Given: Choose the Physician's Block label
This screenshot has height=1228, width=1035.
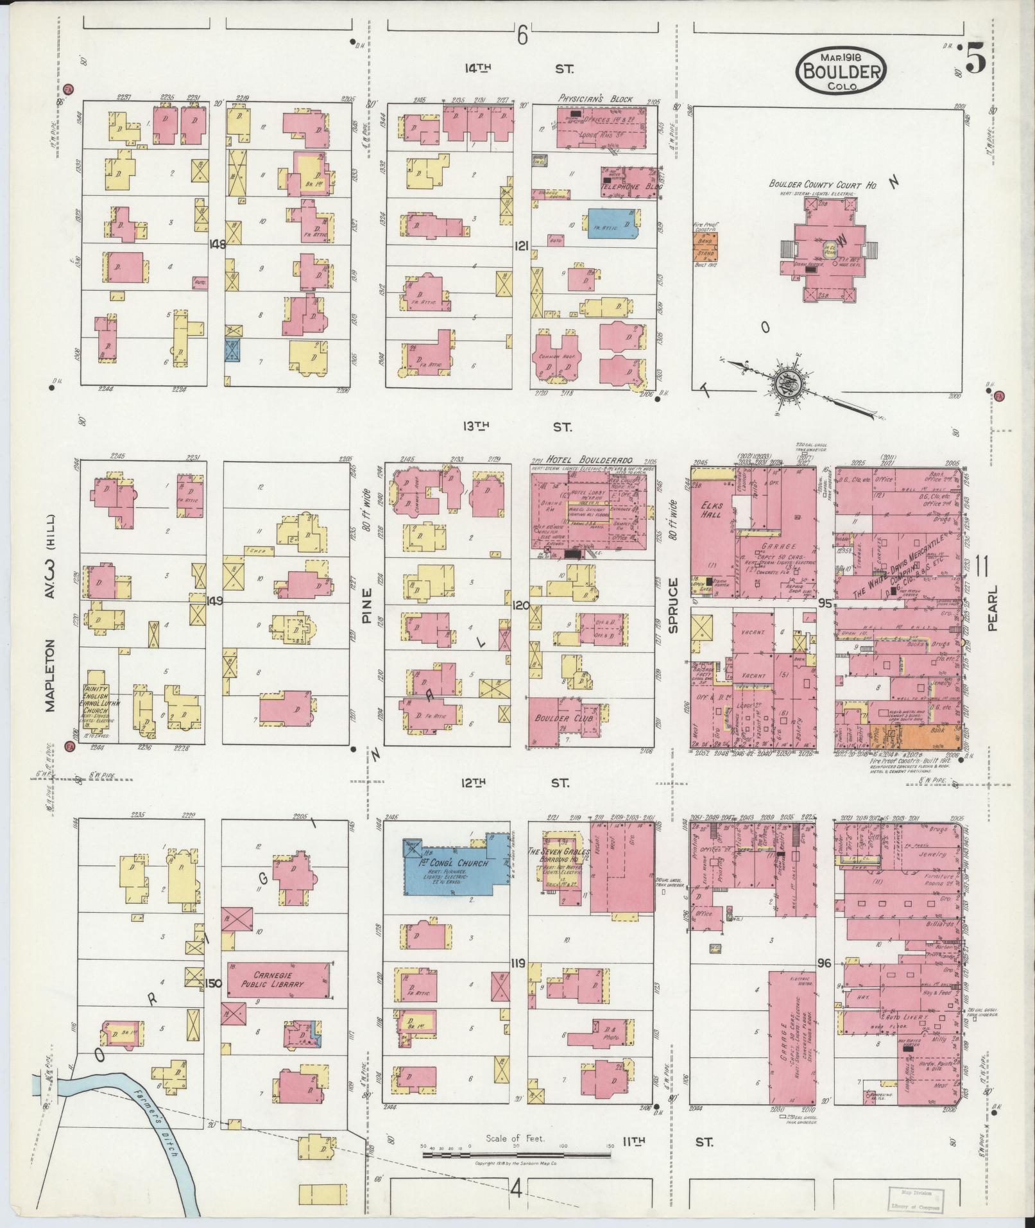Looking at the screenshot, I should (x=595, y=99).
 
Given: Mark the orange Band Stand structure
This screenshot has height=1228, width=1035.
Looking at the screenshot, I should (x=705, y=246).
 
